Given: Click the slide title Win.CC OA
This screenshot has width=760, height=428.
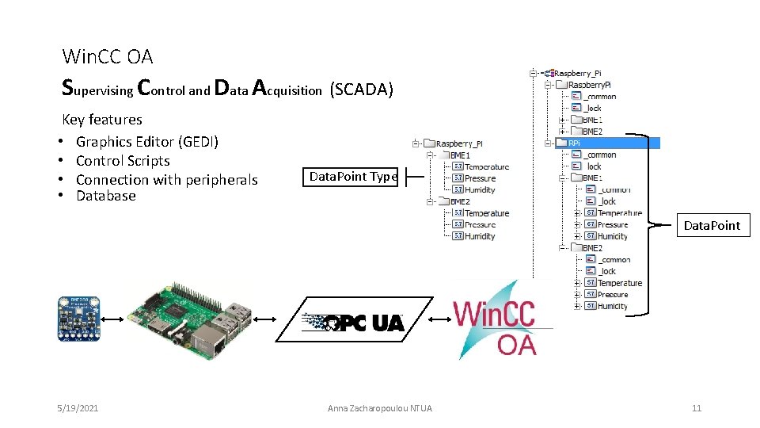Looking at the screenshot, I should (x=108, y=56).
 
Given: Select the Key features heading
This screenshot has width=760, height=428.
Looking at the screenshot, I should (x=102, y=120).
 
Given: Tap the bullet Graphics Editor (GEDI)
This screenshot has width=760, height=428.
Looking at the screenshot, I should (x=146, y=142).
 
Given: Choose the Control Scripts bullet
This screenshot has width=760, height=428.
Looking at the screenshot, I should (x=123, y=161).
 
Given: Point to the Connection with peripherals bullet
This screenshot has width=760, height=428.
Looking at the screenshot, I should (x=166, y=180).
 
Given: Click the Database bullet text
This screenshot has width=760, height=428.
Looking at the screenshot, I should (x=105, y=196).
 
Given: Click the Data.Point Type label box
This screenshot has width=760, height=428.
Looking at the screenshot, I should (x=353, y=177).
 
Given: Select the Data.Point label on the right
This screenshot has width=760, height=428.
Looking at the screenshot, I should (x=712, y=225).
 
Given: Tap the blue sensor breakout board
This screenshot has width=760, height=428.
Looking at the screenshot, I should (x=78, y=319).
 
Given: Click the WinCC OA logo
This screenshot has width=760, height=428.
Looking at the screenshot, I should (x=496, y=322).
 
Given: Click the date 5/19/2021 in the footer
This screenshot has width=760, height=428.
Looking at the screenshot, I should (x=78, y=408).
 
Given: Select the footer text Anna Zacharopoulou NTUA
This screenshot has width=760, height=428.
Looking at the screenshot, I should (x=380, y=408).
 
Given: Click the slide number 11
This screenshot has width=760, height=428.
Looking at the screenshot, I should (x=697, y=408).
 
